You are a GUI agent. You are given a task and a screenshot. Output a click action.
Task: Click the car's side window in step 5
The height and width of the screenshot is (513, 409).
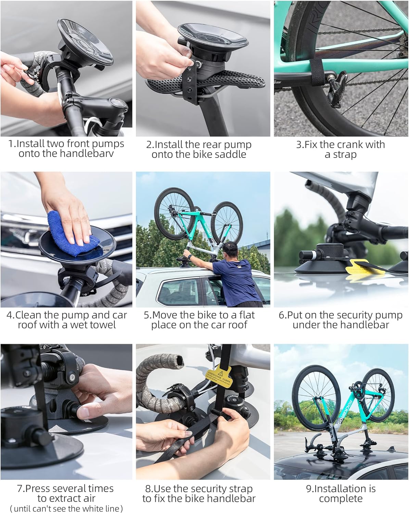pyautogui.click(x=180, y=292)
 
